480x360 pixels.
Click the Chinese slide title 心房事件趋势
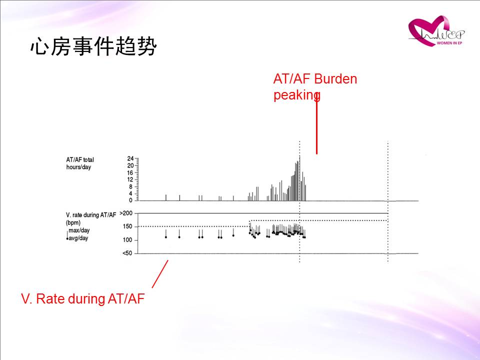pyautogui.click(x=93, y=46)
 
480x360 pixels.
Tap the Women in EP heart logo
pyautogui.click(x=436, y=31)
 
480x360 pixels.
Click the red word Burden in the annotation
pyautogui.click(x=335, y=79)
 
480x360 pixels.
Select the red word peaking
pyautogui.click(x=297, y=95)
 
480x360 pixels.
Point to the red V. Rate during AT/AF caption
pyautogui.click(x=82, y=298)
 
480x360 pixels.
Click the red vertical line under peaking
pyautogui.click(x=316, y=125)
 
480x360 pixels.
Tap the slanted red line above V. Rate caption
pyautogui.click(x=160, y=274)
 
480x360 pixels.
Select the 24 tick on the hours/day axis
pyautogui.click(x=130, y=158)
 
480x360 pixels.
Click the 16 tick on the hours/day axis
pyautogui.click(x=130, y=172)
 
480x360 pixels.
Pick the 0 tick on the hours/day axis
pyautogui.click(x=130, y=200)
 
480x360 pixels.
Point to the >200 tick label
pyautogui.click(x=126, y=213)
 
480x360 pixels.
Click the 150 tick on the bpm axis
pyautogui.click(x=127, y=226)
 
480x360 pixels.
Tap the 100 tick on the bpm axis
pyautogui.click(x=127, y=240)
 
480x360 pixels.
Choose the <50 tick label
pyautogui.click(x=127, y=253)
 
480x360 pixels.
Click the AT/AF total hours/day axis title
pyautogui.click(x=80, y=163)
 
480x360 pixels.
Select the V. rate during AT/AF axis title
pyautogui.click(x=91, y=218)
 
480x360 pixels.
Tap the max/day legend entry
pyautogui.click(x=79, y=230)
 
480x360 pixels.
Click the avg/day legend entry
pyautogui.click(x=78, y=238)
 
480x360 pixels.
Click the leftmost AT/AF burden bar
pyautogui.click(x=166, y=198)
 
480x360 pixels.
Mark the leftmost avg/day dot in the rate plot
pyautogui.click(x=166, y=237)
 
